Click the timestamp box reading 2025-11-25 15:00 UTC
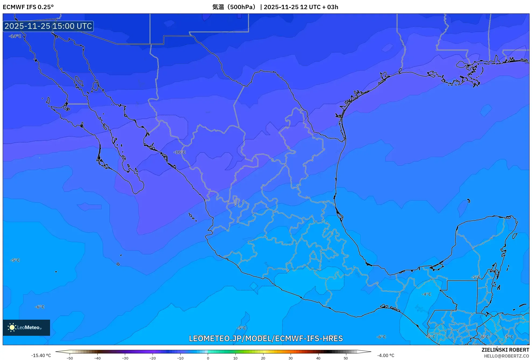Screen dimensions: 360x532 tap(48, 26)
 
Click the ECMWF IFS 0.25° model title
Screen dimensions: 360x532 tap(28, 7)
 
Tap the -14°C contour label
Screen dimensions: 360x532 tap(15, 36)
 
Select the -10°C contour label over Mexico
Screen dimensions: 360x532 tap(180, 152)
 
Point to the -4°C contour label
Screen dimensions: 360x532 tap(426, 294)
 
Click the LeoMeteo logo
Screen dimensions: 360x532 tap(26, 327)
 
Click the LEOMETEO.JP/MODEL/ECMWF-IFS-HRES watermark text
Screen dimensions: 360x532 tap(266, 338)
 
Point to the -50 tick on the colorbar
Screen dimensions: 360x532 tap(70, 358)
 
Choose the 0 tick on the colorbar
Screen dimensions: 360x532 tap(208, 358)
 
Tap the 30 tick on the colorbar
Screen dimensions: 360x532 tap(291, 358)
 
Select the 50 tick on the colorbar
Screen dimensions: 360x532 tap(346, 358)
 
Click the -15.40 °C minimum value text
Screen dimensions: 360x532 tap(41, 355)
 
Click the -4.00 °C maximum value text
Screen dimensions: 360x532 tap(386, 355)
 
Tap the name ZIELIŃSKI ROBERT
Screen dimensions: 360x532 tap(505, 350)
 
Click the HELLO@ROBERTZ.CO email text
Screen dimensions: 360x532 tap(506, 356)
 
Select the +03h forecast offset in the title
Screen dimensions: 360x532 tap(333, 7)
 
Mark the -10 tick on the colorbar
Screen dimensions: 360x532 tap(180, 358)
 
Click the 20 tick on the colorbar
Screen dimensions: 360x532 tap(263, 358)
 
